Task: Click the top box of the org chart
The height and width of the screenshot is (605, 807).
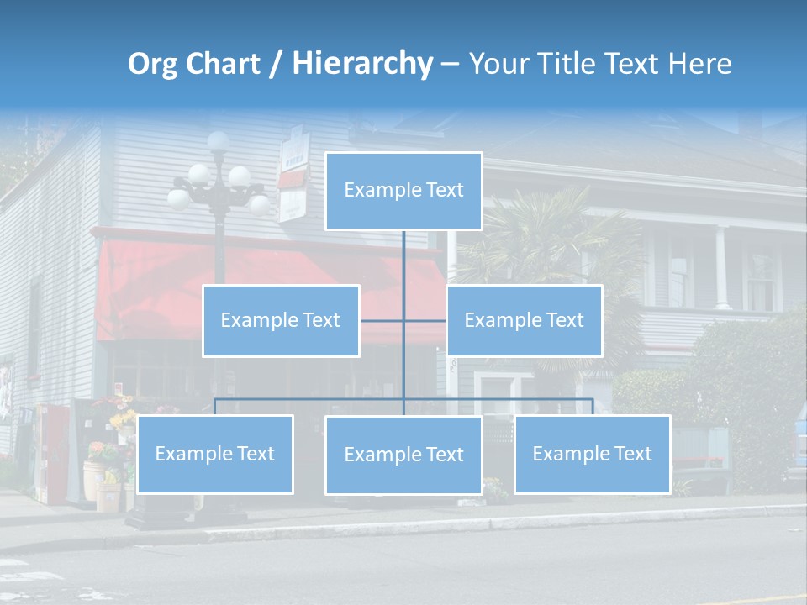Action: pos(403,191)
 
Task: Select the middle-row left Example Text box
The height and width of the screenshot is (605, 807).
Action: pos(281,320)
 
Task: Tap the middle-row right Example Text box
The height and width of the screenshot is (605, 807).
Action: pos(524,320)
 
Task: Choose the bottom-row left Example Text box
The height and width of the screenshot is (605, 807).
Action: pos(214,454)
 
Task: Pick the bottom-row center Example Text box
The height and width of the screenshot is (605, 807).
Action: pos(403,455)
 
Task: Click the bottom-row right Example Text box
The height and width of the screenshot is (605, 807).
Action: pos(592,454)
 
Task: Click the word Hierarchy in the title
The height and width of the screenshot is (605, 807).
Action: pos(362,64)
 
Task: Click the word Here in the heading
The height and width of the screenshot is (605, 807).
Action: pos(699,64)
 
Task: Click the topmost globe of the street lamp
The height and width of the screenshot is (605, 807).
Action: pos(219,141)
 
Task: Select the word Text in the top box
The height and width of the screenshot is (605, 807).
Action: pos(445,190)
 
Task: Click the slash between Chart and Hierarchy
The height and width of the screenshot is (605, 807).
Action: pos(276,64)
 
